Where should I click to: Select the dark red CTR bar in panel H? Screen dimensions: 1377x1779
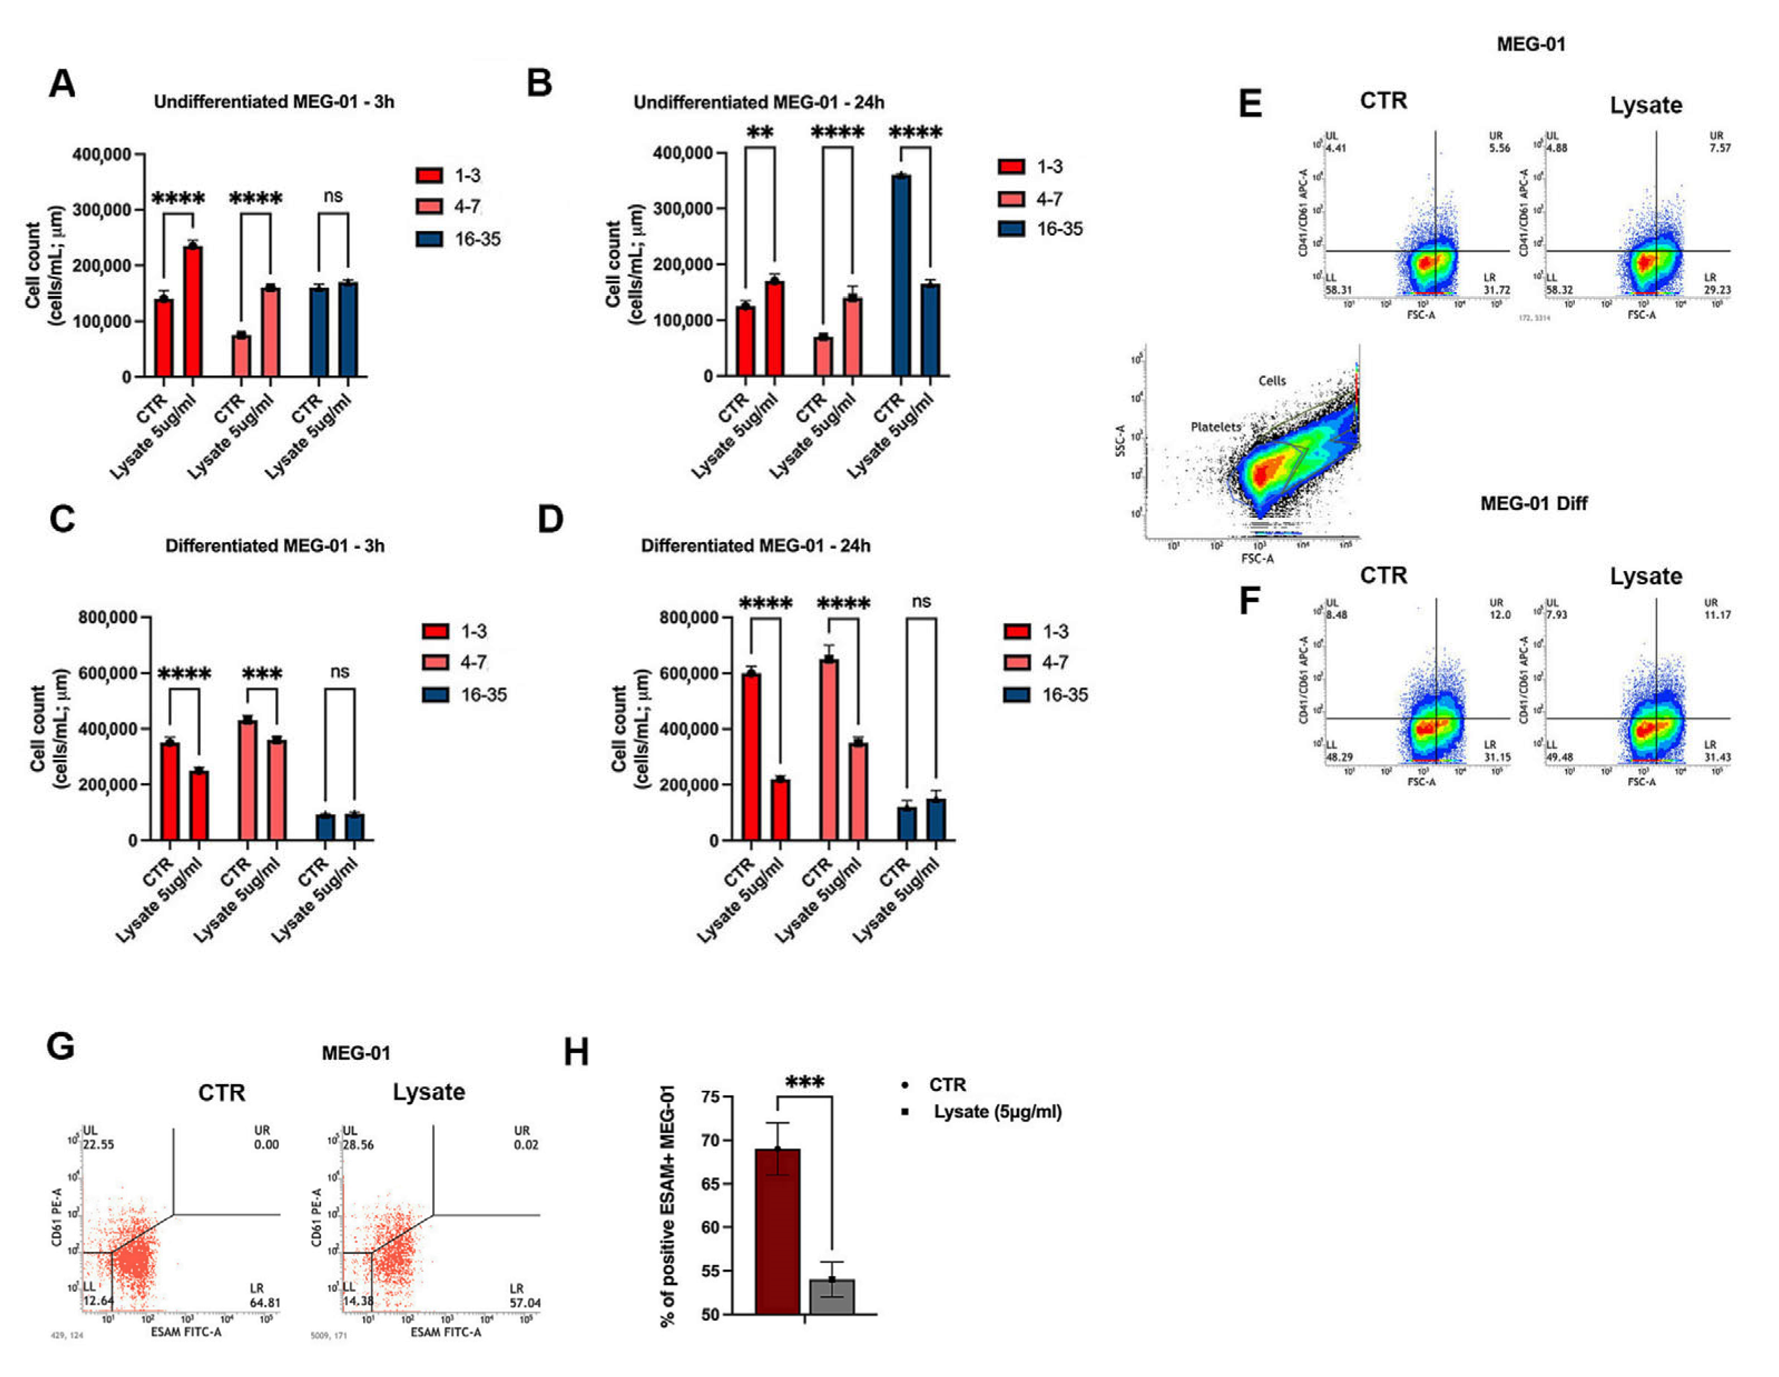777,1230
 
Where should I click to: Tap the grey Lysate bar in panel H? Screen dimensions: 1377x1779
832,1296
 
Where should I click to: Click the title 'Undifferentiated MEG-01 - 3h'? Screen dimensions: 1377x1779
274,102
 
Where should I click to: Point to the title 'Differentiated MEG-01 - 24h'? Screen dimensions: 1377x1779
755,545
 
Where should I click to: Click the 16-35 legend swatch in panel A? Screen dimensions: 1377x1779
429,239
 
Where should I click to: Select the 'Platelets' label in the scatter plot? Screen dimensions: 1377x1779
1215,426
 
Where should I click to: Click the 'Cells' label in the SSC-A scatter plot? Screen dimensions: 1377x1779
1272,381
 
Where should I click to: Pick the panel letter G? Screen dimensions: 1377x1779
61,1047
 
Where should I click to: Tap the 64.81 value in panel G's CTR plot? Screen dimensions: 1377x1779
265,1302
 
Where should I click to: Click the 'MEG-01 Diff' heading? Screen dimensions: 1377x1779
1533,504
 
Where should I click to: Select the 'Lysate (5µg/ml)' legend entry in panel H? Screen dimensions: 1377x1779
997,1112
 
